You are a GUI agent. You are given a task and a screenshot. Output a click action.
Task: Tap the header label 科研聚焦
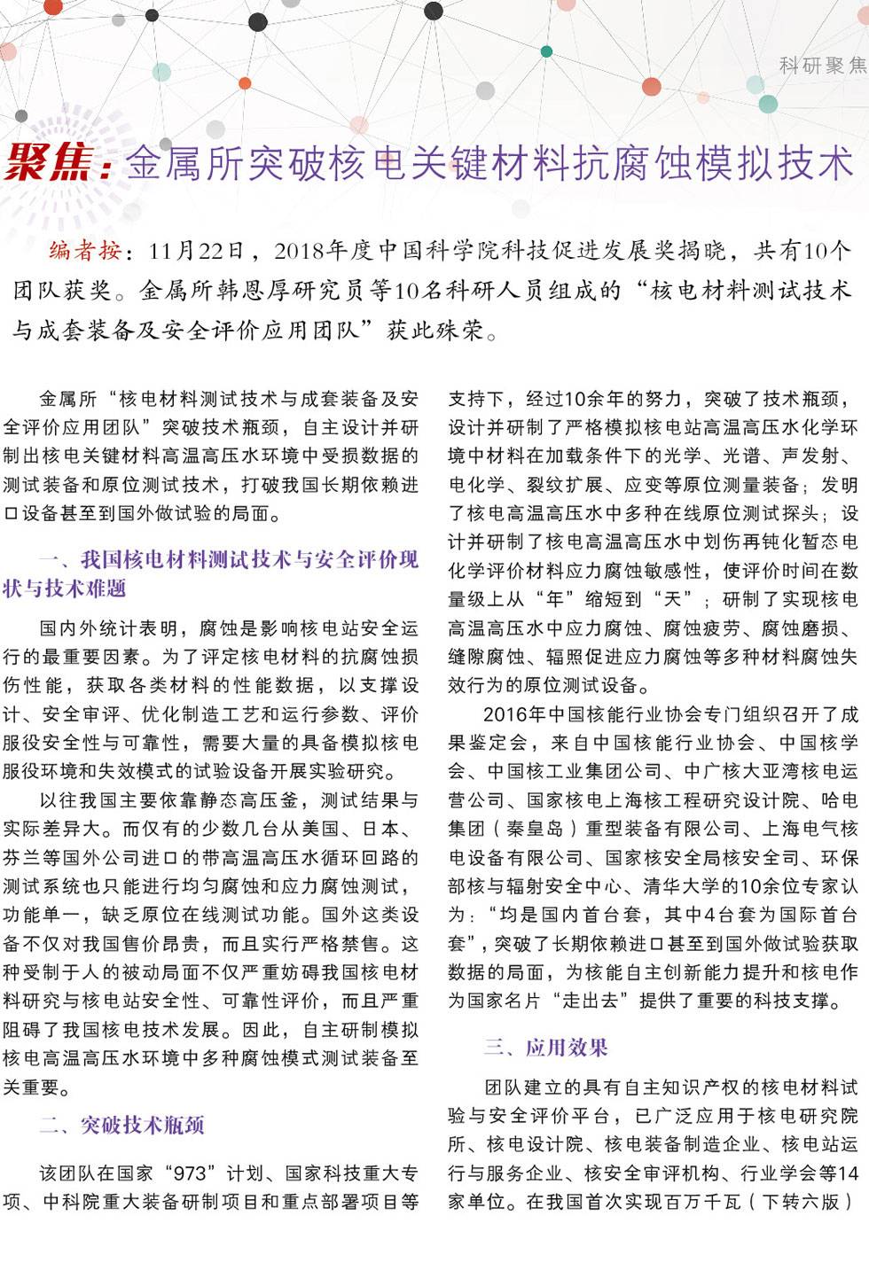[823, 66]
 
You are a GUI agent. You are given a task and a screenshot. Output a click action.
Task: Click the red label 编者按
[85, 251]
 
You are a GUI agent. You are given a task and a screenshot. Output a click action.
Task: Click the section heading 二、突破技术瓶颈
[121, 1126]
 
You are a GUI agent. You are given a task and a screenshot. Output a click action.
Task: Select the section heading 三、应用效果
[545, 1048]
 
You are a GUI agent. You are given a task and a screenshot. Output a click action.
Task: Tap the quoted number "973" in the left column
[190, 1173]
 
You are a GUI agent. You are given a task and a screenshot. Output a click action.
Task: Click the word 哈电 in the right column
[840, 800]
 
